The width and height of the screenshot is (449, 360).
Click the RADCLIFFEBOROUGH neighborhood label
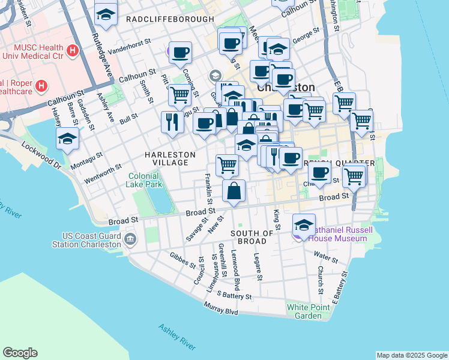pos(170,19)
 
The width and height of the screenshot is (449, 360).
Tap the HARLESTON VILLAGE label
pos(170,159)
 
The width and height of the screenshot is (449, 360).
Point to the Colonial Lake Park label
pos(144,181)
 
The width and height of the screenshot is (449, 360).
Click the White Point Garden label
pos(304,311)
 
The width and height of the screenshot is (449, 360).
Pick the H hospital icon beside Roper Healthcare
pos(41,86)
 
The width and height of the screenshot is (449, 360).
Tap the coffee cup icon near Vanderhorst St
pos(180,52)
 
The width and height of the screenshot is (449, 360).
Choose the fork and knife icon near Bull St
pos(172,122)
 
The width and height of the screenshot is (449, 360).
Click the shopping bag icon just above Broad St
pos(234,192)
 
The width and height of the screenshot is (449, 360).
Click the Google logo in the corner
pos(20,353)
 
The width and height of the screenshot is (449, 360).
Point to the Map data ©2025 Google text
pos(411,355)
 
